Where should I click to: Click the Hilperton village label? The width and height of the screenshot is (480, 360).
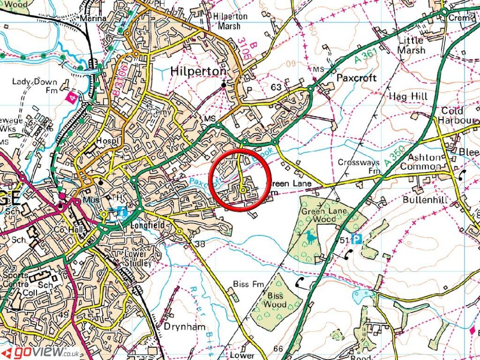(199, 71)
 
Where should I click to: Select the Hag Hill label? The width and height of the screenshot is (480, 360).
(408, 97)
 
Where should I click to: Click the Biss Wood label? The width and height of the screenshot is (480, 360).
(277, 300)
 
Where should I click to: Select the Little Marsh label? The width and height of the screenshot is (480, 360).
(412, 45)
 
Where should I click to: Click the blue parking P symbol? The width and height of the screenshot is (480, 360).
(357, 240)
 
